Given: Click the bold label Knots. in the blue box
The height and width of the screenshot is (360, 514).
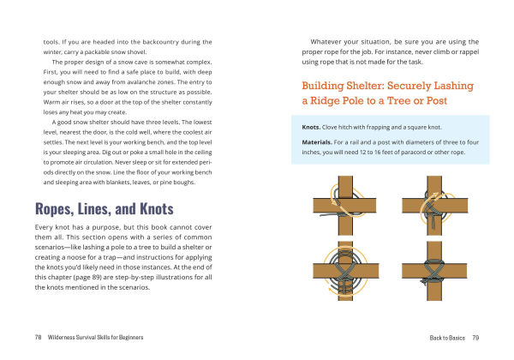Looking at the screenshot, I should click(312, 126).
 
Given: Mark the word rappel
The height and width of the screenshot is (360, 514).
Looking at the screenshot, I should click(466, 51).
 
